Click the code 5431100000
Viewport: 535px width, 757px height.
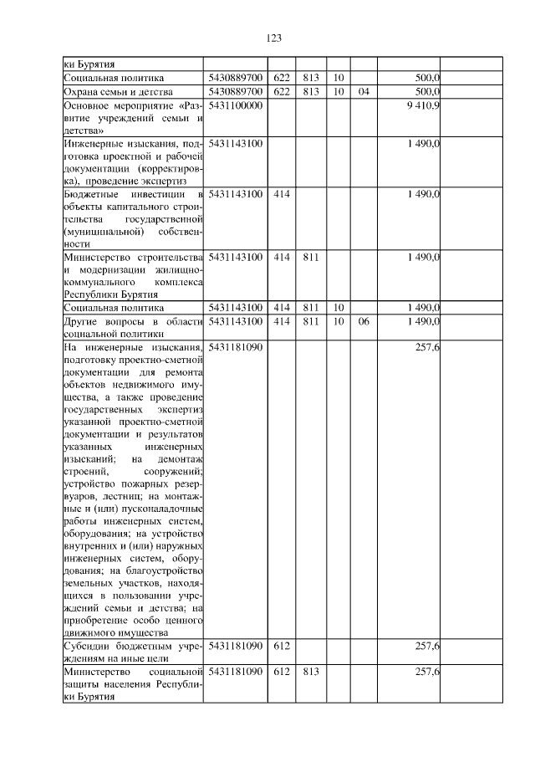tap(236, 106)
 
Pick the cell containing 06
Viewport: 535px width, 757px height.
tap(363, 322)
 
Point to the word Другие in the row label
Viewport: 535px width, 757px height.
tap(82, 322)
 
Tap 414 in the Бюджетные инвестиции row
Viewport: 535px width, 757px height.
tap(282, 194)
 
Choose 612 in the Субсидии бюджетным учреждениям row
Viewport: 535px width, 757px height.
tap(282, 647)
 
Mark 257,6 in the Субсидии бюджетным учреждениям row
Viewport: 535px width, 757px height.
tap(428, 647)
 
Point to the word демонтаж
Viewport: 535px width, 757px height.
tap(180, 459)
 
